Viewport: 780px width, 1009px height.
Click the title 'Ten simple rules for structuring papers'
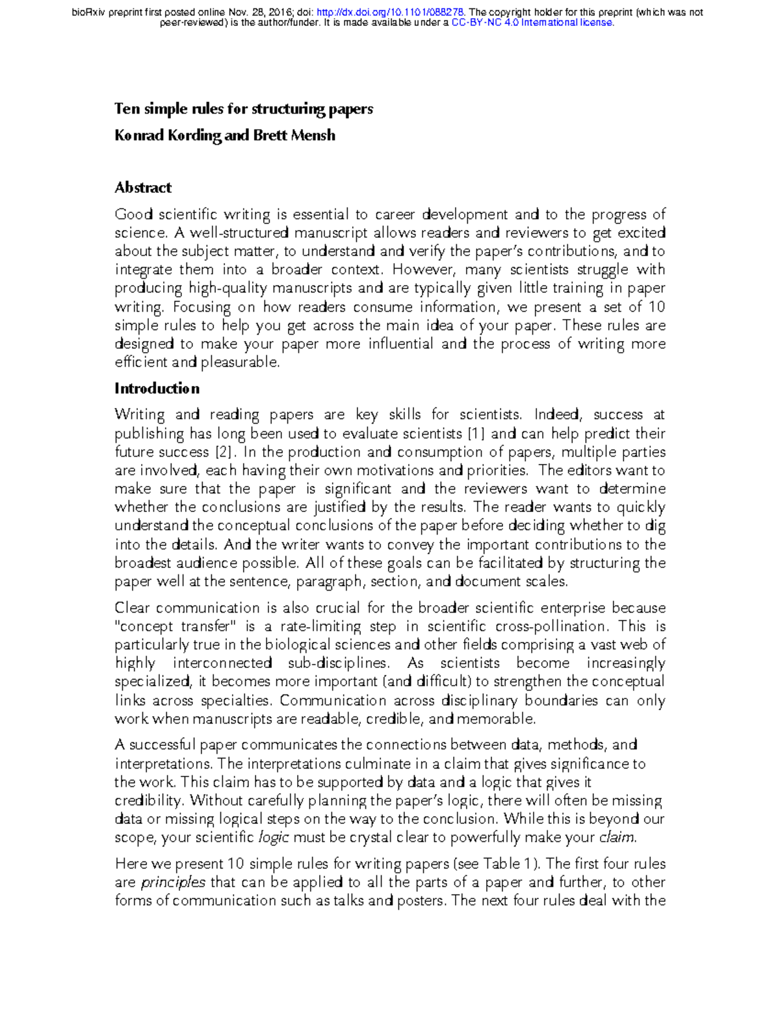244,109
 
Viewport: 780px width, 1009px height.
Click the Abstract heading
143,188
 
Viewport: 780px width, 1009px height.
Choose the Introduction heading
157,389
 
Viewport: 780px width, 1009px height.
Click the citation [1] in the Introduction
476,433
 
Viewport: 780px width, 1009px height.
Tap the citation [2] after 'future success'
222,452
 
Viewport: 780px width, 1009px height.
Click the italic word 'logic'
273,837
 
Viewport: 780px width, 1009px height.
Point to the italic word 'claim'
617,837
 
